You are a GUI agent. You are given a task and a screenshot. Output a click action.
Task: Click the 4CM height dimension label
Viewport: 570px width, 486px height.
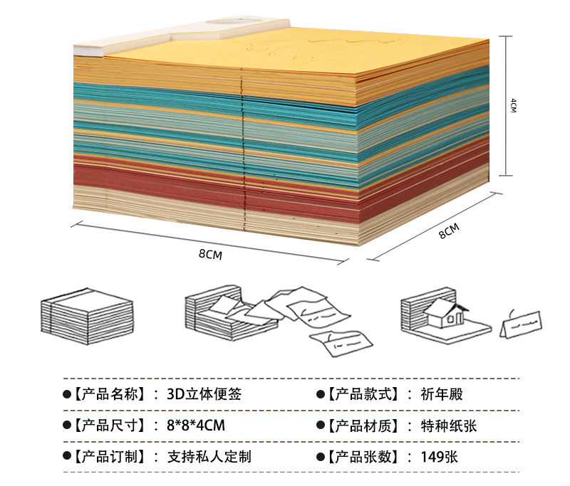[x=513, y=105]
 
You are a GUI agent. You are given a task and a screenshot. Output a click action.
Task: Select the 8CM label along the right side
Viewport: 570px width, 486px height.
[x=448, y=231]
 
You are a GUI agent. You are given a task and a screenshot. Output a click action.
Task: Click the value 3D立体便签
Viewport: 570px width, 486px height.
[x=204, y=393]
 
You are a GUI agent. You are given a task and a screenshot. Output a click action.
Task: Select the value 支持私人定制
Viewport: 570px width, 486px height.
[x=209, y=457]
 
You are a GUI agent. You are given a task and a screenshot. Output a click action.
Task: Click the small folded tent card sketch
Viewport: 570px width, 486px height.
[x=523, y=324]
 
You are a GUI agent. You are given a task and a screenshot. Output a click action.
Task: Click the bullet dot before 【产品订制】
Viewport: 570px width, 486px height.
[x=67, y=457]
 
